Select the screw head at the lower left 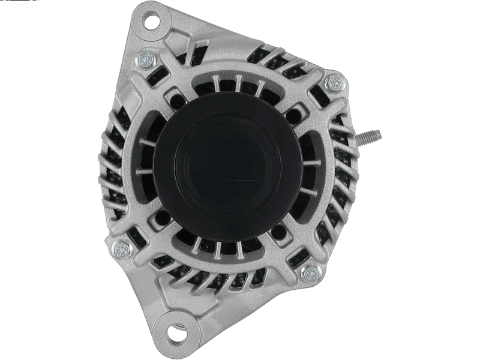(x=125, y=247)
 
